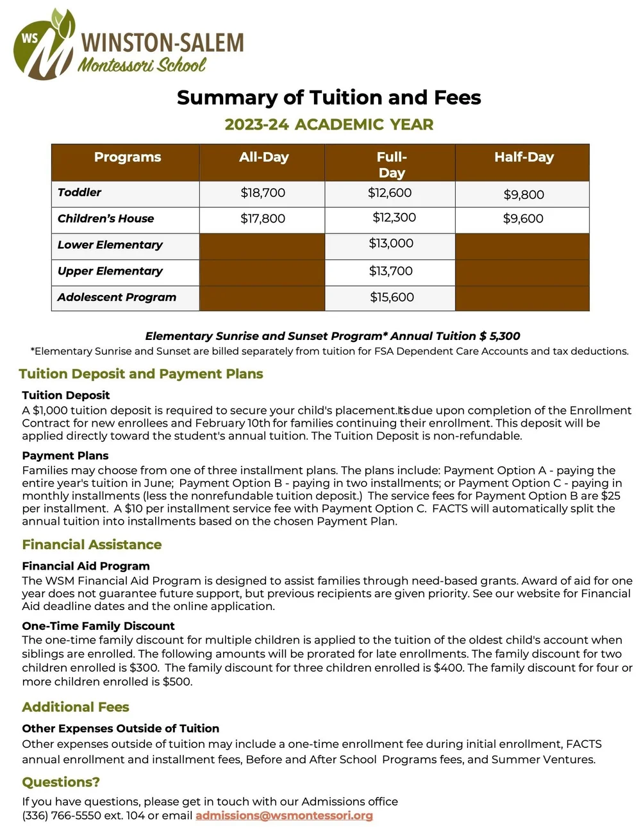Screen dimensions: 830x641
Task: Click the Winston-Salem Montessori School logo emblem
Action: [44, 45]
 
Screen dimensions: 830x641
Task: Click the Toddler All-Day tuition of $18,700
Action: [263, 192]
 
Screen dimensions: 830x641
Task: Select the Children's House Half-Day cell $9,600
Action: [523, 219]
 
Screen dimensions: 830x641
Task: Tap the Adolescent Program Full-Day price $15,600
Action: [392, 297]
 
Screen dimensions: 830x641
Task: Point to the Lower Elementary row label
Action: [110, 244]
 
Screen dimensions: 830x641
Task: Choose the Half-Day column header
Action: [524, 157]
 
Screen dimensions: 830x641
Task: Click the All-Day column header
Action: [263, 157]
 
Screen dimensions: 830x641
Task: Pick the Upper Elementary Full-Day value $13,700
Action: [390, 271]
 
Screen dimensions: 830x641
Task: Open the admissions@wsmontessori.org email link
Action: [284, 815]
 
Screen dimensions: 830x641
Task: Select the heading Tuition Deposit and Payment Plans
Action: [141, 374]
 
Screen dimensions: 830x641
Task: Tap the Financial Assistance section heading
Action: [92, 545]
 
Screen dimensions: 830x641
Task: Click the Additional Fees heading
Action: [76, 707]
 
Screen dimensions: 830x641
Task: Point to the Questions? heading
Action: [61, 782]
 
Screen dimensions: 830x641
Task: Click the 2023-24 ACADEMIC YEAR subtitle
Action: [329, 124]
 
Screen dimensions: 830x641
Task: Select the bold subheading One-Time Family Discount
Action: [98, 625]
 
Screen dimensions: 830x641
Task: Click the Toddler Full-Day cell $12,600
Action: [390, 192]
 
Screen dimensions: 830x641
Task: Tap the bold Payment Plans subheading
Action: [65, 455]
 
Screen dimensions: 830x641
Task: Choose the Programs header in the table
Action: [128, 157]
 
